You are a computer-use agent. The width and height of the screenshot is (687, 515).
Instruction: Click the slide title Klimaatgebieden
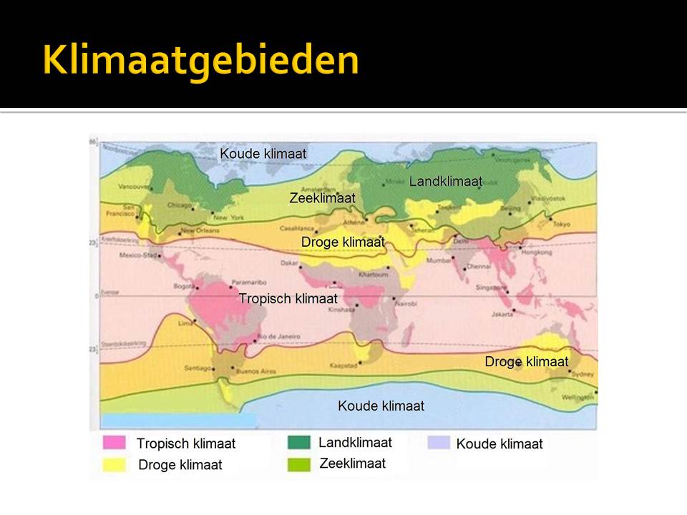click(200, 60)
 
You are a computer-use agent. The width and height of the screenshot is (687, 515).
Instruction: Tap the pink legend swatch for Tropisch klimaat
click(114, 443)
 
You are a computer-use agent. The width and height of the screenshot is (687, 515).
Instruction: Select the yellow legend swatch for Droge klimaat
click(114, 465)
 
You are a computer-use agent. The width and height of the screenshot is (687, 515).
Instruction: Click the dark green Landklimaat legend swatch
click(298, 442)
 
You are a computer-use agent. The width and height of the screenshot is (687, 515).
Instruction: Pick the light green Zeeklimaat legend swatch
click(298, 463)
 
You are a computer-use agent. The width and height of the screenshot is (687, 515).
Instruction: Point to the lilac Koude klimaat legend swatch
click(439, 443)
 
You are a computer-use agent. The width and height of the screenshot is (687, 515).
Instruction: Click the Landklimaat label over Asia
click(445, 182)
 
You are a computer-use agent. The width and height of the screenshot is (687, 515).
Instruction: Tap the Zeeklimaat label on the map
click(322, 198)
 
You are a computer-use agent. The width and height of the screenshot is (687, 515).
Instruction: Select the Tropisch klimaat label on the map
click(288, 298)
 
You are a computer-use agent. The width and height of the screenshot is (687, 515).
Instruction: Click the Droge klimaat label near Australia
click(526, 361)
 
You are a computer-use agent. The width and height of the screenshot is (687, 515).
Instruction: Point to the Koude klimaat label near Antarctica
click(381, 406)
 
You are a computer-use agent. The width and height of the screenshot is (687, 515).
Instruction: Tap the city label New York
click(229, 217)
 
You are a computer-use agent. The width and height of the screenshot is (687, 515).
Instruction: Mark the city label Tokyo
click(561, 225)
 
